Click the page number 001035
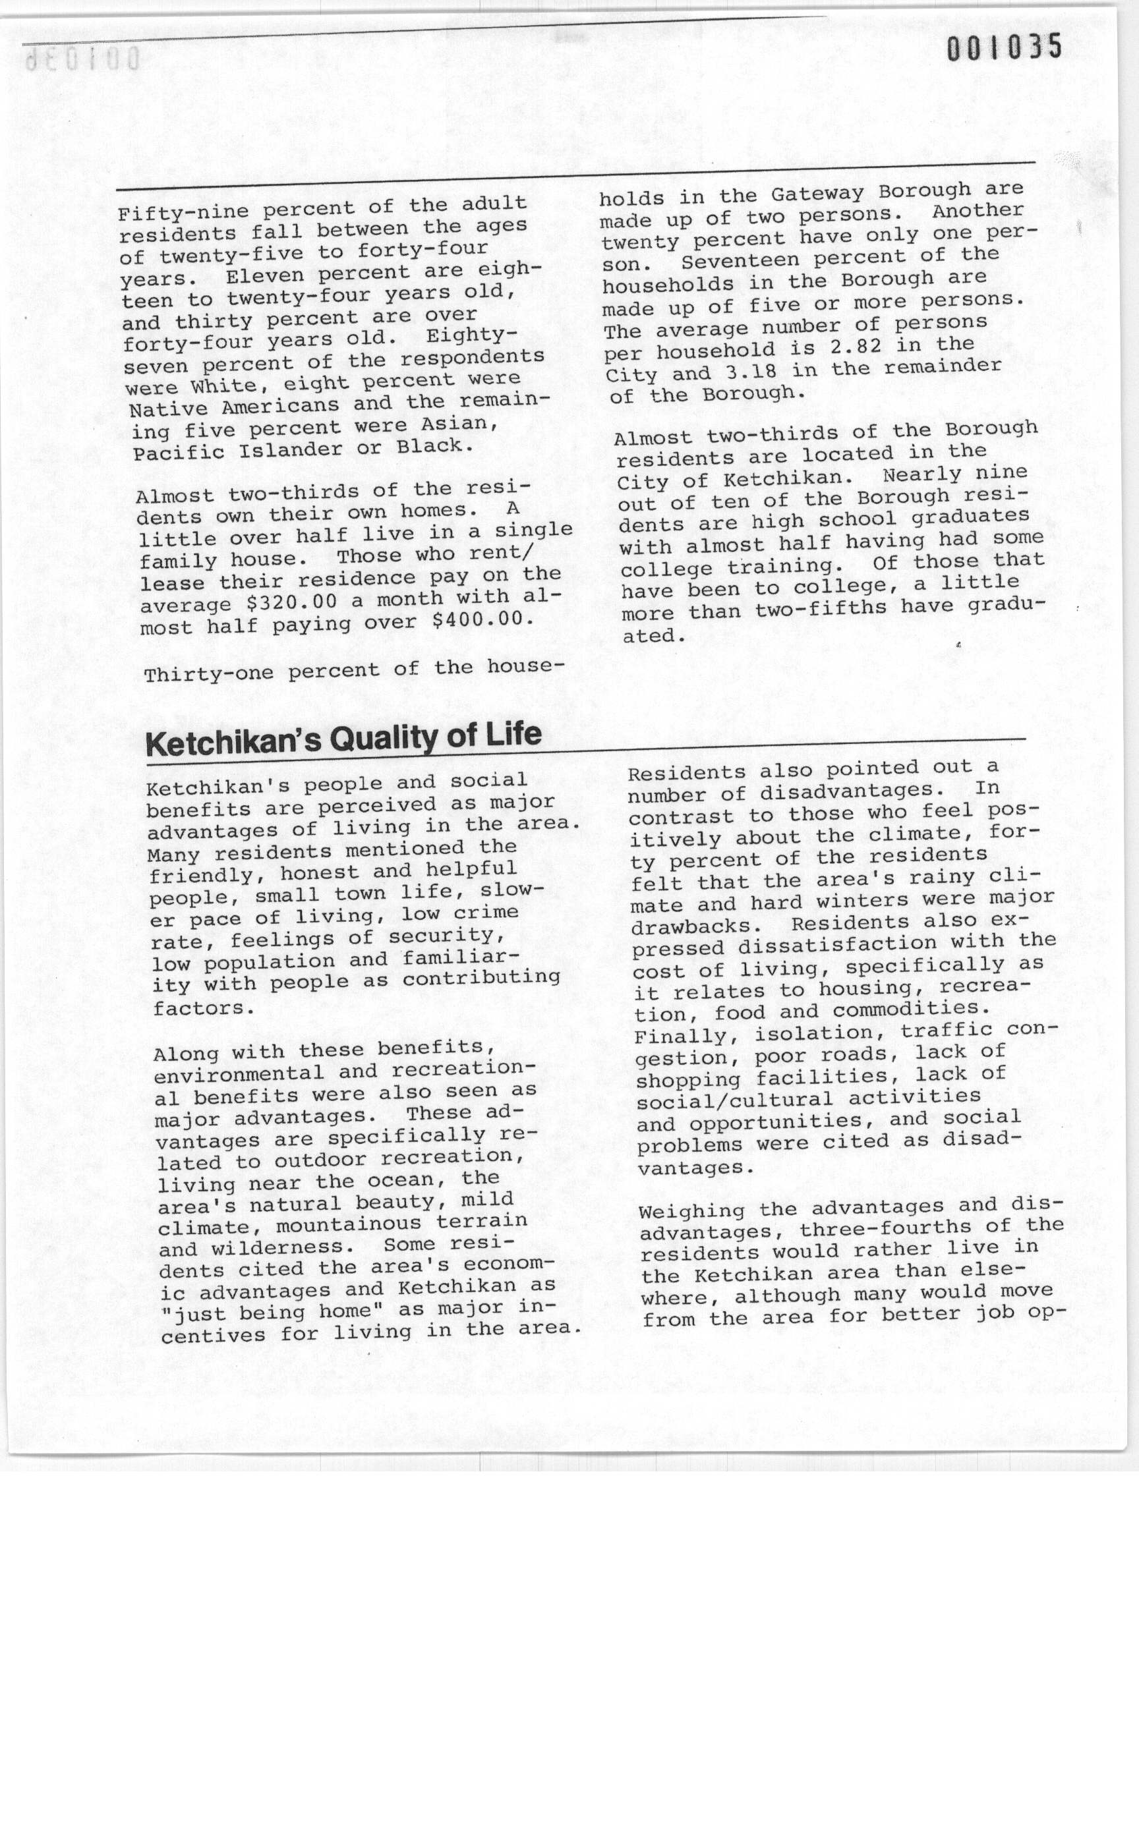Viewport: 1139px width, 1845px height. click(1003, 47)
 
